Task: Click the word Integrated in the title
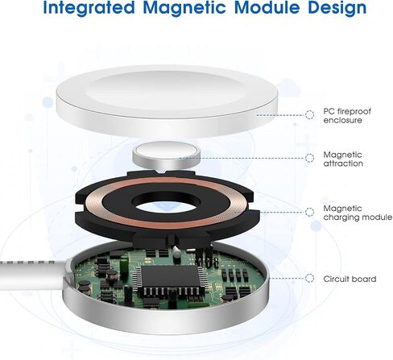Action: [89, 7]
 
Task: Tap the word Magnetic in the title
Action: [184, 7]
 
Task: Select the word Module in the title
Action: [267, 7]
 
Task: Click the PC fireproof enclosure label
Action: [347, 116]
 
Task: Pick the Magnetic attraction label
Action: [343, 159]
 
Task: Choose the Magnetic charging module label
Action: [358, 213]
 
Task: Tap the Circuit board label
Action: [350, 279]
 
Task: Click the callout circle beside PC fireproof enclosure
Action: [309, 115]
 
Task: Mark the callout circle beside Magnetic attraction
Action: [309, 158]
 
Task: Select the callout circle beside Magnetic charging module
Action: [309, 212]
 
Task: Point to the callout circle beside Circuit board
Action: [309, 278]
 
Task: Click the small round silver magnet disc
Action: [167, 155]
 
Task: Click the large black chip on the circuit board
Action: [169, 276]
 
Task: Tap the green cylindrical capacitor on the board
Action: [123, 263]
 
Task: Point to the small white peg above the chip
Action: [176, 252]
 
